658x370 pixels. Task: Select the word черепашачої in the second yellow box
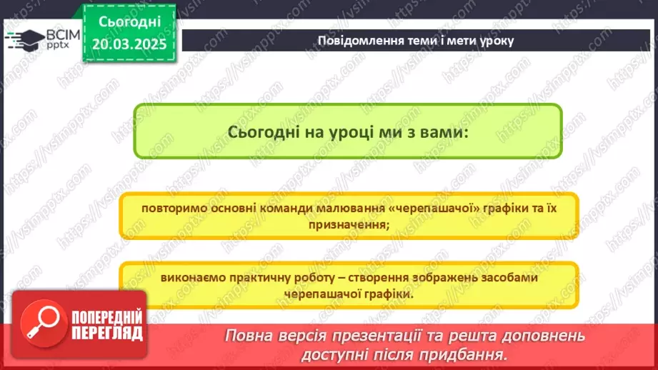point(316,293)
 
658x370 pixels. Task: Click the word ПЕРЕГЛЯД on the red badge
point(106,332)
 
